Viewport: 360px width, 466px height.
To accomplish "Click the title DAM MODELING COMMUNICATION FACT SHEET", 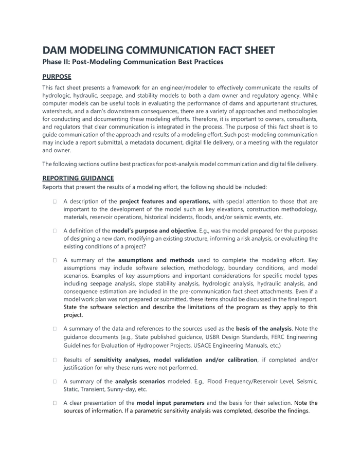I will tap(158, 50).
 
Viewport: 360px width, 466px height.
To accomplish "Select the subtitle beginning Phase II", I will tap(133, 62).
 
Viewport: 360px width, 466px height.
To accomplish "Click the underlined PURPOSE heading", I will tap(57, 77).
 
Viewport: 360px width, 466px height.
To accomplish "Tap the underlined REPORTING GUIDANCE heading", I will tap(78, 178).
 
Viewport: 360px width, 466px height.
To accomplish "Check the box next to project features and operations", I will tap(54, 202).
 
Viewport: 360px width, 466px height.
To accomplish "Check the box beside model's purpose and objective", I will tap(54, 231).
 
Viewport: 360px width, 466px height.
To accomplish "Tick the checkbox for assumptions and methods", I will tap(54, 260).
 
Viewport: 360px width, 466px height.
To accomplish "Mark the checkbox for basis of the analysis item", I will tap(54, 329).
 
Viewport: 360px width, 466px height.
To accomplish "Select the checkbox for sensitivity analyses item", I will tap(54, 360).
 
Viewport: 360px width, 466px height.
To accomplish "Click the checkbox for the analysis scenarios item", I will tap(54, 382).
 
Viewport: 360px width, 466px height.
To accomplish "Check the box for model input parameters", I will tap(54, 403).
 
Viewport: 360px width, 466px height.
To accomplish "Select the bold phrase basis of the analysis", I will tap(263, 329).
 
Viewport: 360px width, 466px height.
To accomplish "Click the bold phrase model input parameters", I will tap(170, 403).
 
